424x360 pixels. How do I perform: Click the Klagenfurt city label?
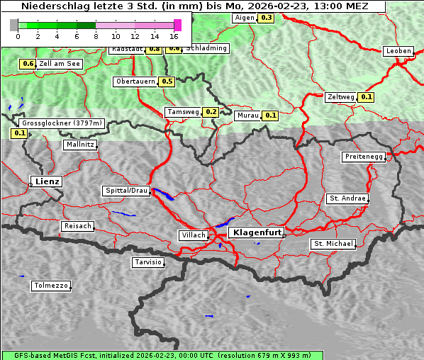pos(257,232)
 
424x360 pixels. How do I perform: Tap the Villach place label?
pos(194,235)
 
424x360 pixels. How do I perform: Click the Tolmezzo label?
pos(51,286)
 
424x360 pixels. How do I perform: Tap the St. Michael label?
pos(333,244)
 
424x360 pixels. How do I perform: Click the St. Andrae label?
pos(347,198)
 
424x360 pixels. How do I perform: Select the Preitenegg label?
pos(364,157)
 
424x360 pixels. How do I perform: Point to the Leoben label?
pos(398,51)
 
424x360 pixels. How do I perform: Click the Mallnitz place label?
pos(80,145)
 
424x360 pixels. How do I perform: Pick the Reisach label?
pos(78,226)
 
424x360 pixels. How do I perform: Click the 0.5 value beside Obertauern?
pos(167,81)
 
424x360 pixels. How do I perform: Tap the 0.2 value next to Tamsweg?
pos(211,112)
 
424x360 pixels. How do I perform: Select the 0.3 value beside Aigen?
pos(266,17)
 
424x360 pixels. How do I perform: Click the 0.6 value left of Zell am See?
pos(28,64)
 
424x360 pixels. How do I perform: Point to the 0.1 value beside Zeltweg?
pos(367,97)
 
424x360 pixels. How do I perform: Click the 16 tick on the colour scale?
pos(174,36)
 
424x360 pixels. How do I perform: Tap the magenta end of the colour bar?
pos(177,25)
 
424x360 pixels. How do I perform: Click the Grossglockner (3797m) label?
pos(62,123)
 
